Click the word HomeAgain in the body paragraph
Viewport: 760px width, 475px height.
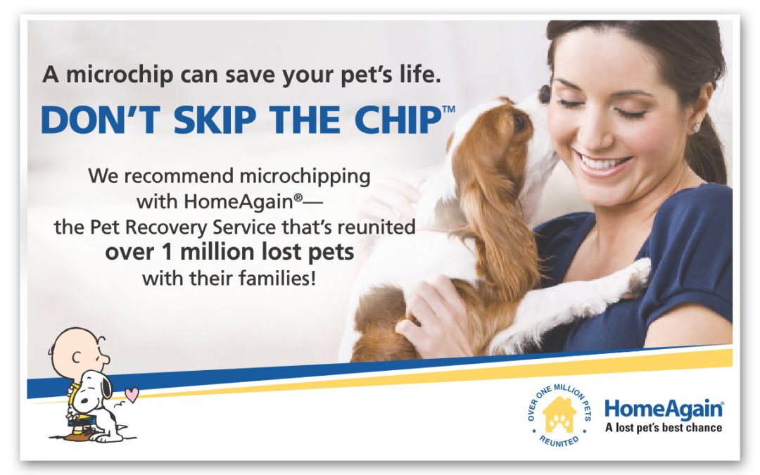click(x=238, y=201)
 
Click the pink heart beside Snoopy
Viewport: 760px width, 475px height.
click(x=132, y=394)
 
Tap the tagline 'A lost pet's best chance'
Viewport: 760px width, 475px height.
click(x=664, y=428)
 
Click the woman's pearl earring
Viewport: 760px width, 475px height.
click(x=696, y=128)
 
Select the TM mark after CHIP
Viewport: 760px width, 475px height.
click(x=448, y=108)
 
